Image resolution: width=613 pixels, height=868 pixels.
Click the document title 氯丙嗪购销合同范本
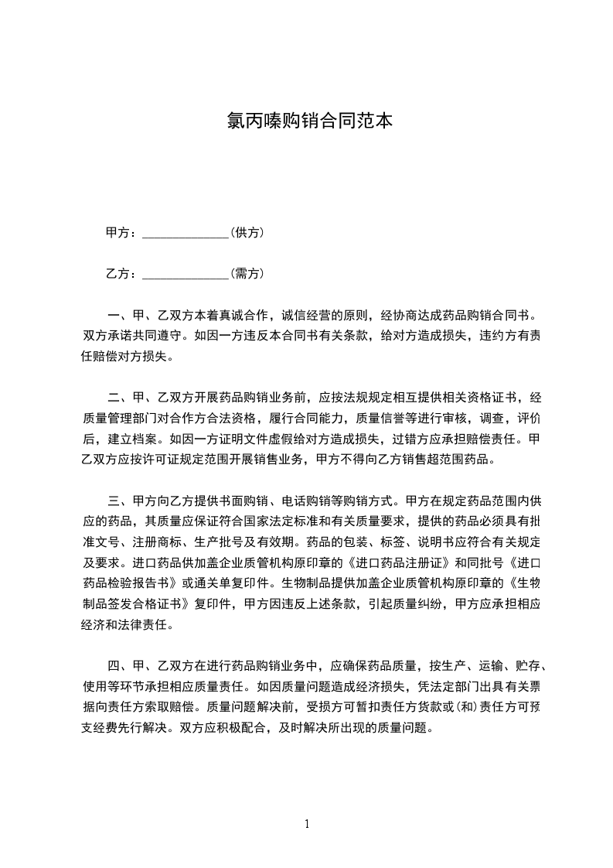point(306,121)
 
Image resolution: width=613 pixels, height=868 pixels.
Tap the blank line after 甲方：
point(186,233)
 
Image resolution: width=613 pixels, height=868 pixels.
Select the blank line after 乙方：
point(186,274)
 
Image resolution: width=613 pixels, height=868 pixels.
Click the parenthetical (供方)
point(248,233)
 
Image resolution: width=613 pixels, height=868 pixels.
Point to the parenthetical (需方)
point(248,274)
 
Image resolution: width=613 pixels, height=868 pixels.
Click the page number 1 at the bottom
point(307,824)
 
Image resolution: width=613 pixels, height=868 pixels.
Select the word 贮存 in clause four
point(533,644)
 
